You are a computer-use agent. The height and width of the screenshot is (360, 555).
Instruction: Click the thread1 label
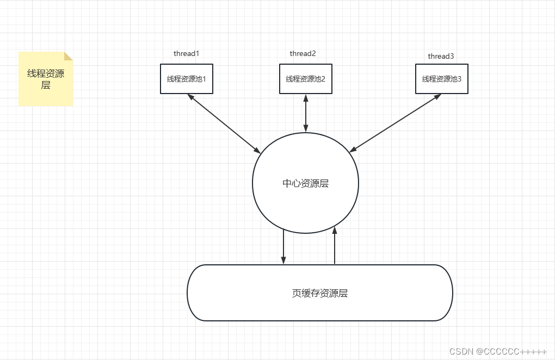[x=187, y=53]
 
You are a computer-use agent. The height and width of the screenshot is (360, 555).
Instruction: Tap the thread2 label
[x=303, y=53]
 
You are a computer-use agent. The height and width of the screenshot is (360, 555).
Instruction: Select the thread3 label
[x=441, y=56]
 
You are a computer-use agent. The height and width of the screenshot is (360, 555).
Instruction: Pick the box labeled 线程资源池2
[x=305, y=79]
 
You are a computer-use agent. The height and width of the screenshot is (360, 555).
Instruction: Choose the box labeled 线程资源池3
[x=441, y=79]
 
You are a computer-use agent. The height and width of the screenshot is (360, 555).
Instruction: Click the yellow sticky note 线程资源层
[x=46, y=79]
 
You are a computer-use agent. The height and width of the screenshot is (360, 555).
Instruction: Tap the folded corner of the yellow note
[x=69, y=55]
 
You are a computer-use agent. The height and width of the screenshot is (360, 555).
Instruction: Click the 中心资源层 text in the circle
[x=305, y=183]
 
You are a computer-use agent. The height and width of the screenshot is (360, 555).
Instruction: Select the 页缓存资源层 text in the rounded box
[x=320, y=293]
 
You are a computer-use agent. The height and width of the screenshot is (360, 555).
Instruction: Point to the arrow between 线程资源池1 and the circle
[x=224, y=123]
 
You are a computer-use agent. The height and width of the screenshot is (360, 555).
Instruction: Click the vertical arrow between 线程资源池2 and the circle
[x=306, y=113]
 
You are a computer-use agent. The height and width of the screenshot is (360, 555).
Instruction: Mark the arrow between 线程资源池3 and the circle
[x=395, y=123]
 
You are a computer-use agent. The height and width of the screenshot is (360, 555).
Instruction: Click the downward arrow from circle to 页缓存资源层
[x=283, y=247]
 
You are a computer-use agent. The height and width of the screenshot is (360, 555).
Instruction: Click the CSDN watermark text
[x=498, y=351]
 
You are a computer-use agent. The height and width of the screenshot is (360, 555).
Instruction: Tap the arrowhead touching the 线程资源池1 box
[x=190, y=96]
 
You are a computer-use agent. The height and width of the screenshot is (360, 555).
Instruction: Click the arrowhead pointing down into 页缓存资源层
[x=283, y=261]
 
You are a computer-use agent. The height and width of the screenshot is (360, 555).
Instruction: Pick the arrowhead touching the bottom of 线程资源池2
[x=306, y=97]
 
